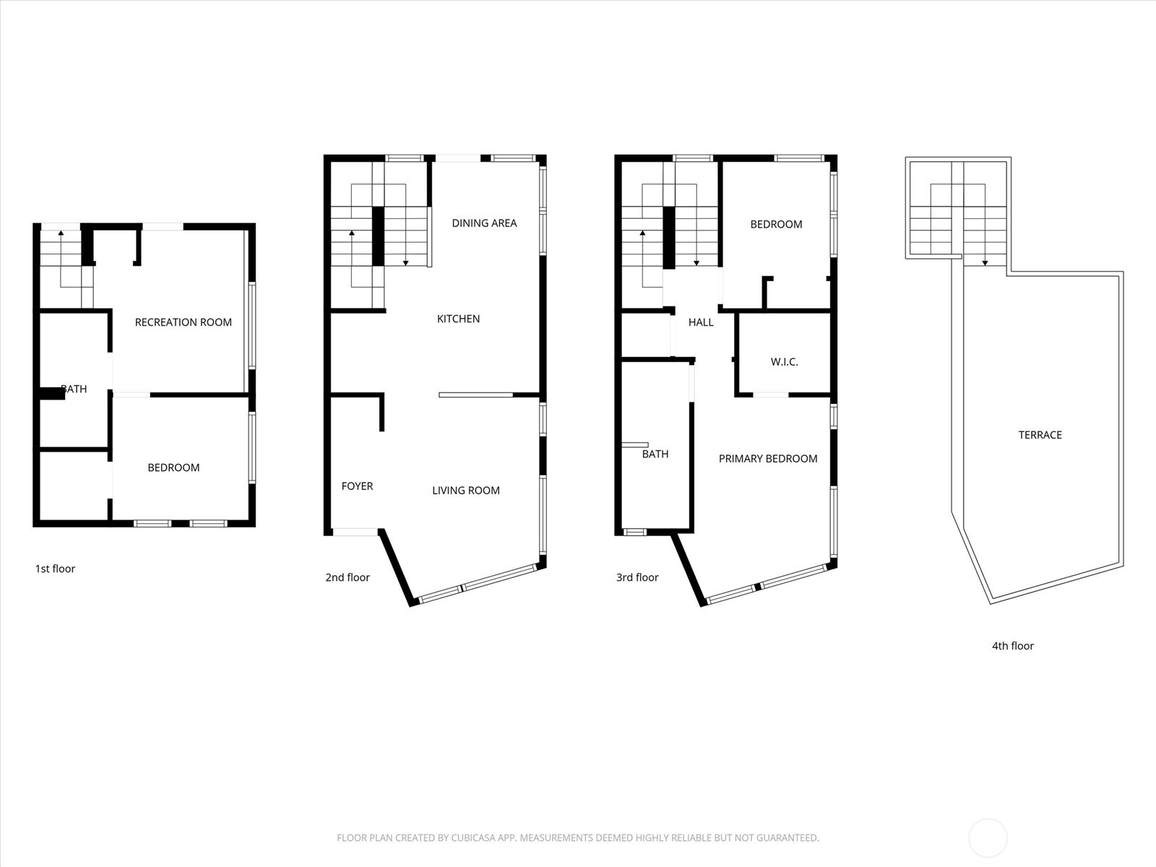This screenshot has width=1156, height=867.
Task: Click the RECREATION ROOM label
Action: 184,322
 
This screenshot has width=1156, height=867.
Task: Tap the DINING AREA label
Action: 484,223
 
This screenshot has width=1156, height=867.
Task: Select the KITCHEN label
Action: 458,319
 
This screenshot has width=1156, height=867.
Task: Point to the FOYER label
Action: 357,486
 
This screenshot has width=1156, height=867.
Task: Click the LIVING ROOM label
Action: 466,491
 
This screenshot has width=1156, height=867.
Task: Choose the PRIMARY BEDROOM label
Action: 768,459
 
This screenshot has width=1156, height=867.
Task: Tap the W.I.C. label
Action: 784,362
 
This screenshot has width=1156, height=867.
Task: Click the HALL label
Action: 701,322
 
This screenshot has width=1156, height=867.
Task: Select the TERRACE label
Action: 1040,435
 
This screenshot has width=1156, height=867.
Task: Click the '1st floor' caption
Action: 55,569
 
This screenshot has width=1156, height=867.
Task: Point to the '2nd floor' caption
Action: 348,577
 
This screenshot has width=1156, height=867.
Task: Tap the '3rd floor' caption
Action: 637,577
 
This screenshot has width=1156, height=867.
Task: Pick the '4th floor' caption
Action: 1012,646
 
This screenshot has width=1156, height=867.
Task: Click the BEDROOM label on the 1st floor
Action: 173,467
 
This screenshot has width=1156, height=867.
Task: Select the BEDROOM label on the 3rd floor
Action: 776,224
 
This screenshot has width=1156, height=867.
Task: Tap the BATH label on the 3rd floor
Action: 655,454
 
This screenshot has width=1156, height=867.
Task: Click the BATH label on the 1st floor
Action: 74,389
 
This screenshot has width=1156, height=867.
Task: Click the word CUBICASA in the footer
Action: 477,838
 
